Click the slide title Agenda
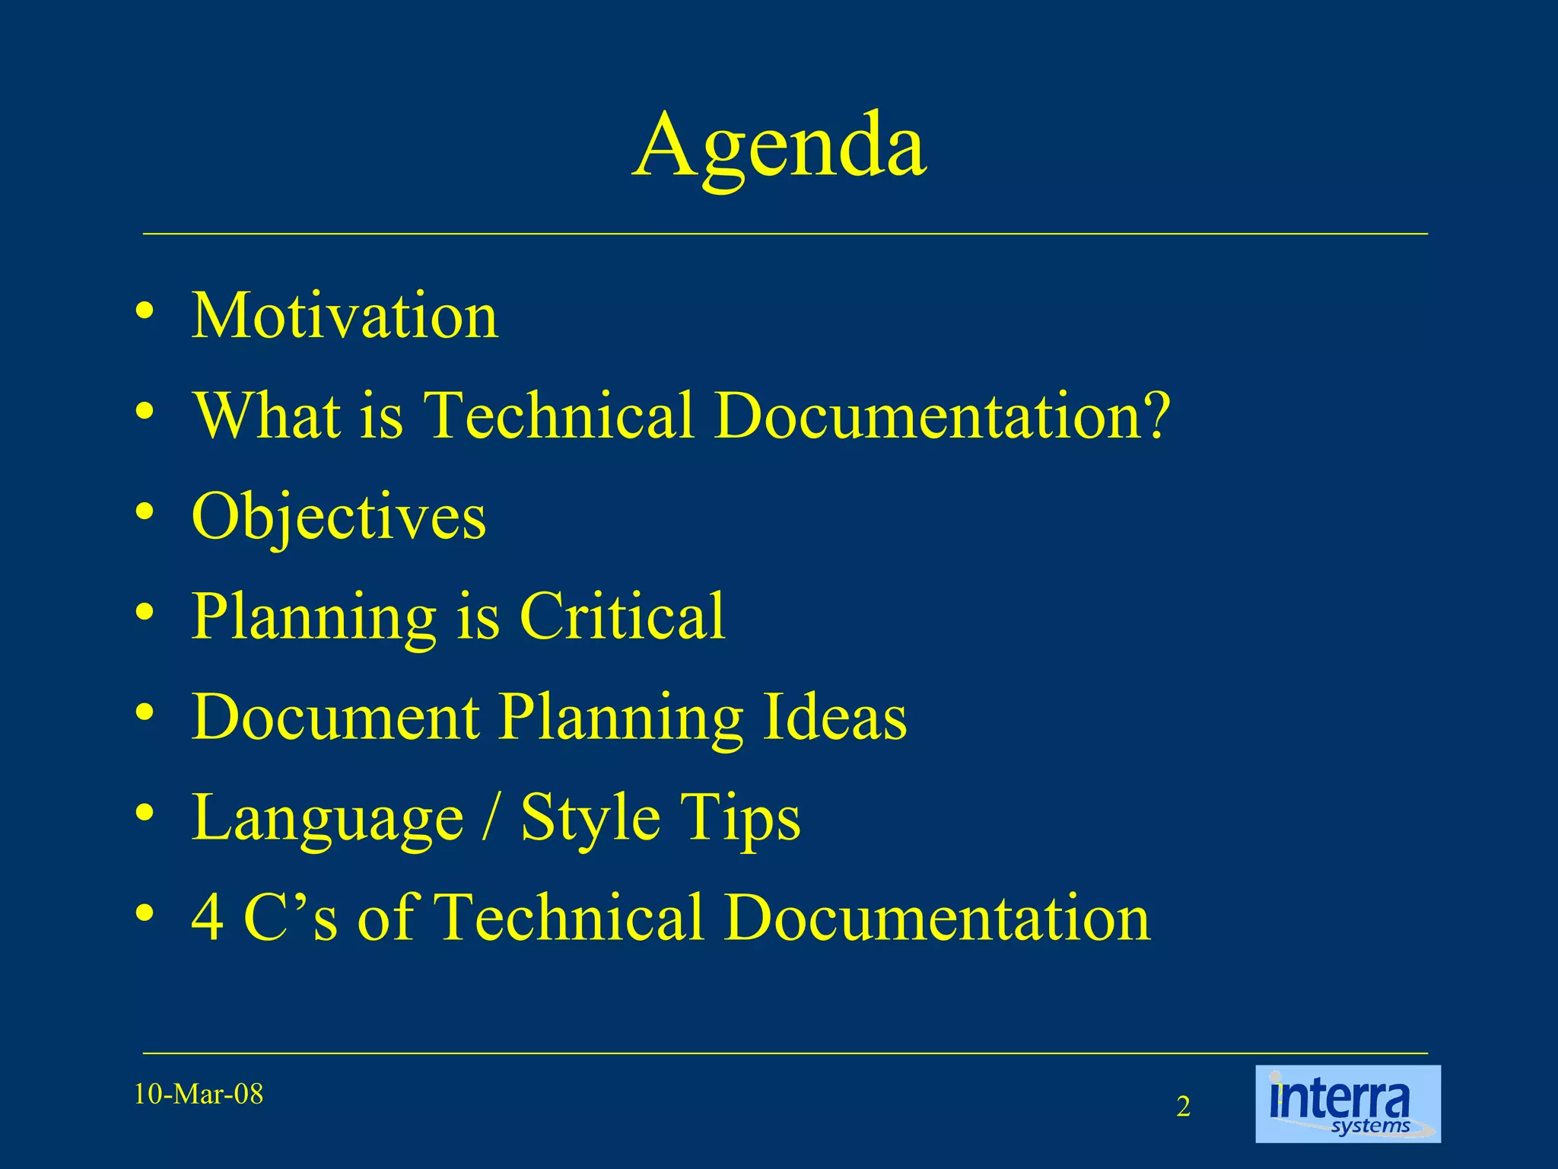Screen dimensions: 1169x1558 [779, 146]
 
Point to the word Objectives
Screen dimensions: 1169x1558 [339, 518]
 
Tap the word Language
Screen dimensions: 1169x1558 [328, 818]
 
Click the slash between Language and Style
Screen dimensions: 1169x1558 [492, 818]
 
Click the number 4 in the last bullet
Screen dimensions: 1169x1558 [207, 918]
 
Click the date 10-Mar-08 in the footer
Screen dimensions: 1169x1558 [199, 1094]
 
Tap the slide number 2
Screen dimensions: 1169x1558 [1183, 1107]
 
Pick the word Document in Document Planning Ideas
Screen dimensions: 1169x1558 [335, 717]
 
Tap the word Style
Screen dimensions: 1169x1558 [590, 818]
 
